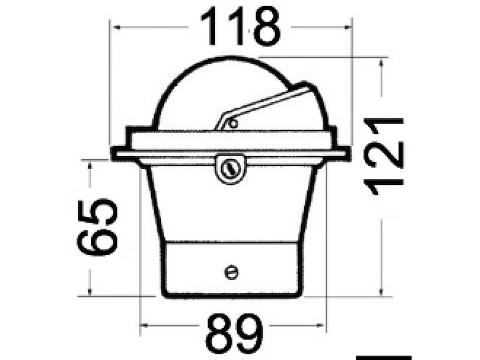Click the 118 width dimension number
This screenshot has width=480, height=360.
240,28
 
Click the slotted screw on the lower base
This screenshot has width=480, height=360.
231,272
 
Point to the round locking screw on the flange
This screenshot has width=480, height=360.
230,169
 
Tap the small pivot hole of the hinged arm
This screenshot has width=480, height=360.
233,124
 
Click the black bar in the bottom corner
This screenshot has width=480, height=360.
383,358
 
